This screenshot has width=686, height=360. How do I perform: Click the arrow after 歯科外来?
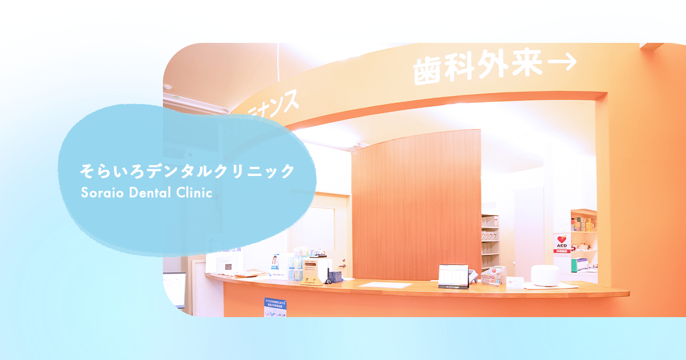tap(560, 64)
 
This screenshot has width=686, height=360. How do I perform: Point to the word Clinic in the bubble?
tap(194, 193)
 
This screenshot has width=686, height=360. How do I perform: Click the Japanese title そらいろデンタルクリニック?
tap(188, 171)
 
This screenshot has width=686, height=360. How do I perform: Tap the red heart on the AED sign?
tap(561, 239)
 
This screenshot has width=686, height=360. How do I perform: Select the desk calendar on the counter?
tap(453, 275)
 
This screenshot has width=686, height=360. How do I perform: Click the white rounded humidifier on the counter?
tap(544, 275)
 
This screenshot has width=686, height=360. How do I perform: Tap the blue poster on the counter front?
tap(276, 307)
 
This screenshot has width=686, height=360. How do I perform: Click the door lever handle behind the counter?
tap(341, 264)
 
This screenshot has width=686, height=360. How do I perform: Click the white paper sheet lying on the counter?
tap(385, 285)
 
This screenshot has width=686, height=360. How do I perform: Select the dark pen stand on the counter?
tap(334, 277)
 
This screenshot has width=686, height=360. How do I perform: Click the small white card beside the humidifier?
tap(514, 281)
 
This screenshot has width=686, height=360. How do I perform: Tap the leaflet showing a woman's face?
tap(275, 264)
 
